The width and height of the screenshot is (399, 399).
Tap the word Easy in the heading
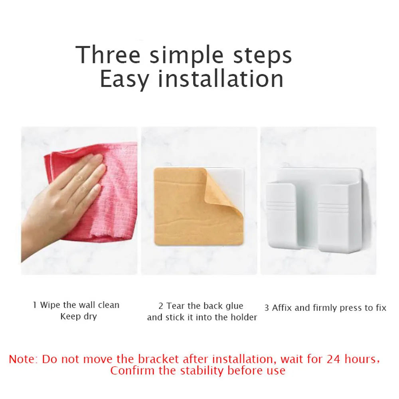[124, 79]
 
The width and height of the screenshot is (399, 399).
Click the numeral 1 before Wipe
[35, 305]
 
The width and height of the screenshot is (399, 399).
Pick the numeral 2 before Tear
[161, 306]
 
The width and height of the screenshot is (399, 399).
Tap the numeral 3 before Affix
[267, 308]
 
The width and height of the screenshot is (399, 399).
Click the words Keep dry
[78, 317]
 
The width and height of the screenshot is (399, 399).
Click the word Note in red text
[23, 359]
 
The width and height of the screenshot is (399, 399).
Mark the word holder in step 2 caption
[244, 318]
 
